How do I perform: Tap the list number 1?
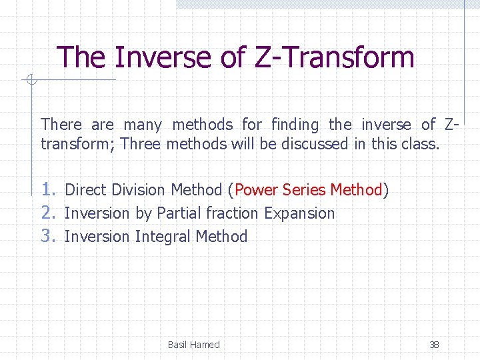pyautogui.click(x=49, y=189)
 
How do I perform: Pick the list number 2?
pyautogui.click(x=49, y=213)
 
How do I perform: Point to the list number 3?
pyautogui.click(x=49, y=236)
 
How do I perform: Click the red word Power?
pyautogui.click(x=257, y=190)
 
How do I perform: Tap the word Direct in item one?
pyautogui.click(x=86, y=190)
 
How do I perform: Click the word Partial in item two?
pyautogui.click(x=179, y=213)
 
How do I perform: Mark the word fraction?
pyautogui.click(x=233, y=213)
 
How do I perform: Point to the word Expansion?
pyautogui.click(x=299, y=213)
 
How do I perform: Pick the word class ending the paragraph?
pyautogui.click(x=421, y=144)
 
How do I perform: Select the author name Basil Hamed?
pyautogui.click(x=193, y=345)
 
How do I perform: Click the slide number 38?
pyautogui.click(x=434, y=345)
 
